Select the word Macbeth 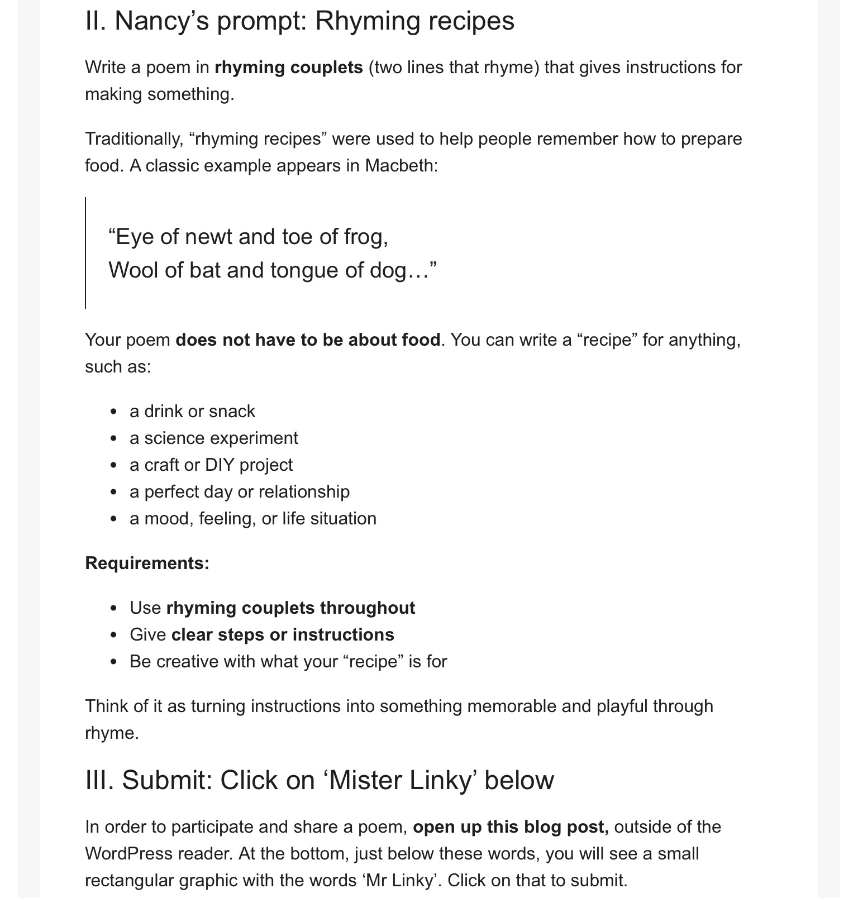pos(401,166)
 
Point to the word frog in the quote pos(365,237)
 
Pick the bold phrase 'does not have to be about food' pos(308,340)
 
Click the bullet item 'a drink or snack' pos(192,412)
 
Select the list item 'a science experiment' pos(213,438)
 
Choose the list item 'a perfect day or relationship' pos(239,492)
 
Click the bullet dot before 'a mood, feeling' pos(114,519)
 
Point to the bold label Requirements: pos(147,563)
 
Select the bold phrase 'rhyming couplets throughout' pos(290,608)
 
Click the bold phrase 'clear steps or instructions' pos(283,635)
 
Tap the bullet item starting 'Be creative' pos(288,662)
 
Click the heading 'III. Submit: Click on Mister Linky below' pos(320,780)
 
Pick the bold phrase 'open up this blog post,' pos(511,827)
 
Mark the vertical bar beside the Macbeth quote pos(85,252)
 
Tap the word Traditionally pos(134,139)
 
